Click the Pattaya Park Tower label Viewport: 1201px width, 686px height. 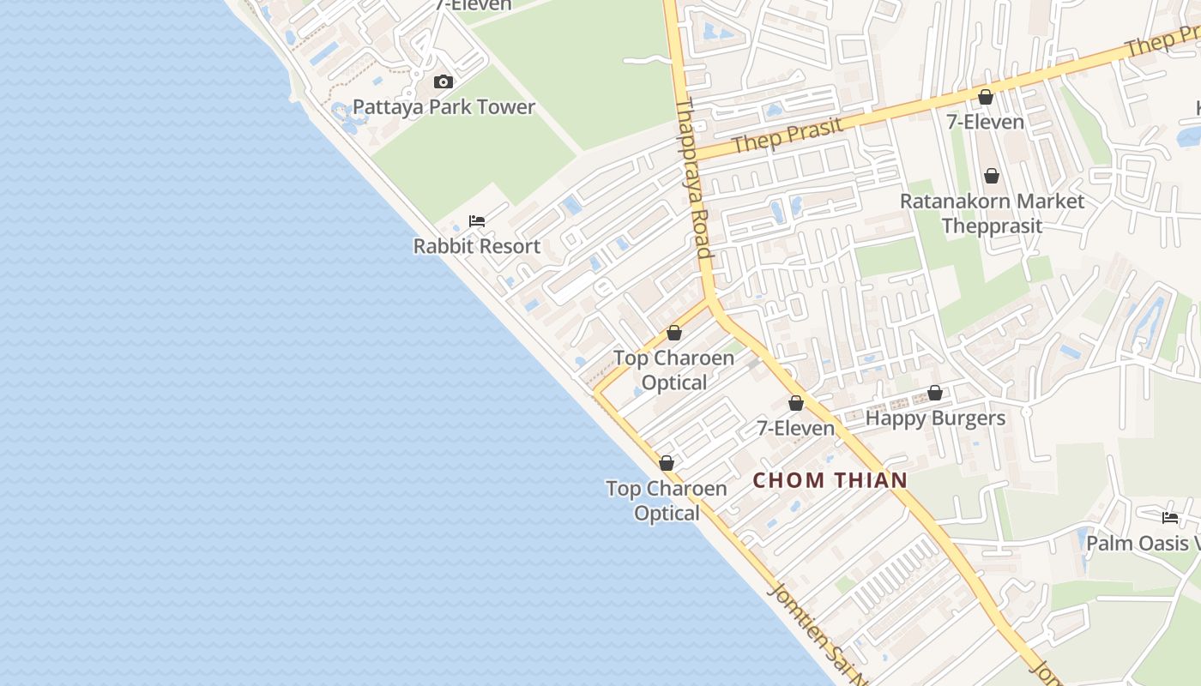click(444, 107)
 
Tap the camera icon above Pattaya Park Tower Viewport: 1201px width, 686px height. click(444, 82)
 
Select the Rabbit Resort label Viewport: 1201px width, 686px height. click(477, 246)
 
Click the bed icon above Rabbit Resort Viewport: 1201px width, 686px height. click(477, 221)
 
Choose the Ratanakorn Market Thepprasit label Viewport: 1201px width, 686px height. click(992, 214)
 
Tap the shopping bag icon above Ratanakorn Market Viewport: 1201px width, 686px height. click(992, 176)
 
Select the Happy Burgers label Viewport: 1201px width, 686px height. click(935, 418)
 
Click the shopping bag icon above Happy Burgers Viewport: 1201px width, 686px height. click(935, 394)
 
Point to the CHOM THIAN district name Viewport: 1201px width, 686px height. click(830, 480)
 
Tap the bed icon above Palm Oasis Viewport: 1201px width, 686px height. click(1169, 517)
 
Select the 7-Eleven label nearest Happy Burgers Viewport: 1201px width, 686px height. click(795, 428)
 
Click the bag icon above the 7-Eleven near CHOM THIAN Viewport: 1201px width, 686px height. click(796, 403)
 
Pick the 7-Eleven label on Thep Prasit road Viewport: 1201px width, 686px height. click(985, 122)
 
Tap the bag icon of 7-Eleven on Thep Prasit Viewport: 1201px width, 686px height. click(986, 97)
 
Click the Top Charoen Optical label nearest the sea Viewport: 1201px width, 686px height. click(667, 501)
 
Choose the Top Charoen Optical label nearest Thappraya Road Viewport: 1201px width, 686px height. click(674, 370)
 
